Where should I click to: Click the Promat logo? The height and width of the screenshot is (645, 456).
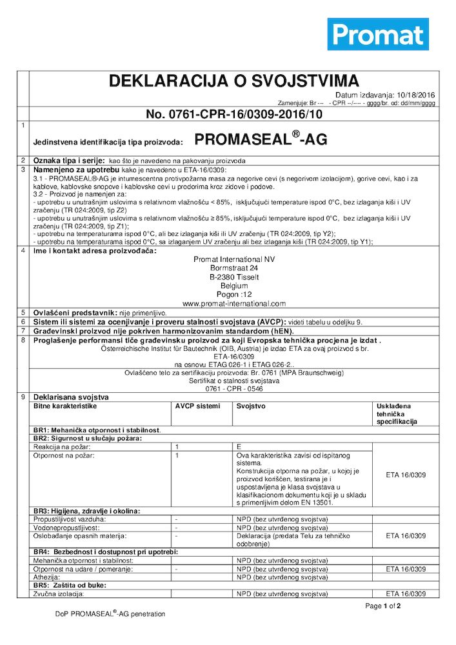[x=378, y=34]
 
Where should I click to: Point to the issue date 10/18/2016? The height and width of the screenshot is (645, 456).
[x=416, y=95]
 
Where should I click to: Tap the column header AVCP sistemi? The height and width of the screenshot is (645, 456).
[x=197, y=406]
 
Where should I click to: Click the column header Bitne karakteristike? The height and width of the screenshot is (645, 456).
[x=64, y=406]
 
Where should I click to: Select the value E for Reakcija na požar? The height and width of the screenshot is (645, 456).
[x=239, y=446]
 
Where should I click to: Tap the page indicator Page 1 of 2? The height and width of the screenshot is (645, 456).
[x=383, y=606]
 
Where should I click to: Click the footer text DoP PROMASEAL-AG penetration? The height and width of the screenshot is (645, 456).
[x=110, y=614]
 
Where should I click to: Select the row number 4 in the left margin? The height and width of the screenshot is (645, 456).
[x=23, y=250]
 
